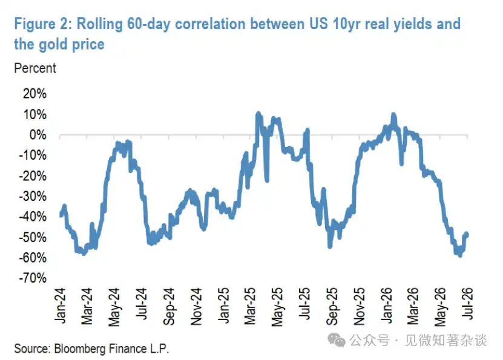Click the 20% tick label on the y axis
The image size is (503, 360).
35,94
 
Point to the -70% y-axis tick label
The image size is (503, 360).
33,278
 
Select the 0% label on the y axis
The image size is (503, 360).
38,135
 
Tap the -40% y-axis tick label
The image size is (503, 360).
33,217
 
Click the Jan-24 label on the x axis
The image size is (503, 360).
60,306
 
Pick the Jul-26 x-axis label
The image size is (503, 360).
468,303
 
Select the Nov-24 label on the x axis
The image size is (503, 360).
196,307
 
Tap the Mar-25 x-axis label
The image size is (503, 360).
250,306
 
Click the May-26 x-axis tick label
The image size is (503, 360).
441,307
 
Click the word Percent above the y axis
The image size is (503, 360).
35,68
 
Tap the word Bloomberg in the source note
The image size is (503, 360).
79,349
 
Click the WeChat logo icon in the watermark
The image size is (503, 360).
336,340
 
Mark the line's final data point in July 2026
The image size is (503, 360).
467,234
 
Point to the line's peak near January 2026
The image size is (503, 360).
393,115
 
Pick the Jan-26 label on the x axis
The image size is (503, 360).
387,306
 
